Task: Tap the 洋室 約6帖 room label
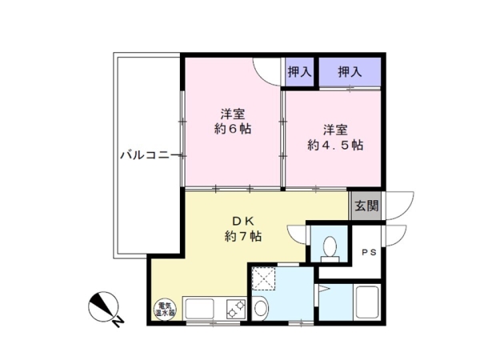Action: [x=234, y=120]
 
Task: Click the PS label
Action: [x=368, y=253]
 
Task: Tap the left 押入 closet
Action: [x=298, y=72]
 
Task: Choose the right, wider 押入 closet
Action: [x=350, y=72]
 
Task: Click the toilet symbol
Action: [x=327, y=249]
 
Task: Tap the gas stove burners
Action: [x=236, y=309]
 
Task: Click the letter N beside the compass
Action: [x=118, y=322]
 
